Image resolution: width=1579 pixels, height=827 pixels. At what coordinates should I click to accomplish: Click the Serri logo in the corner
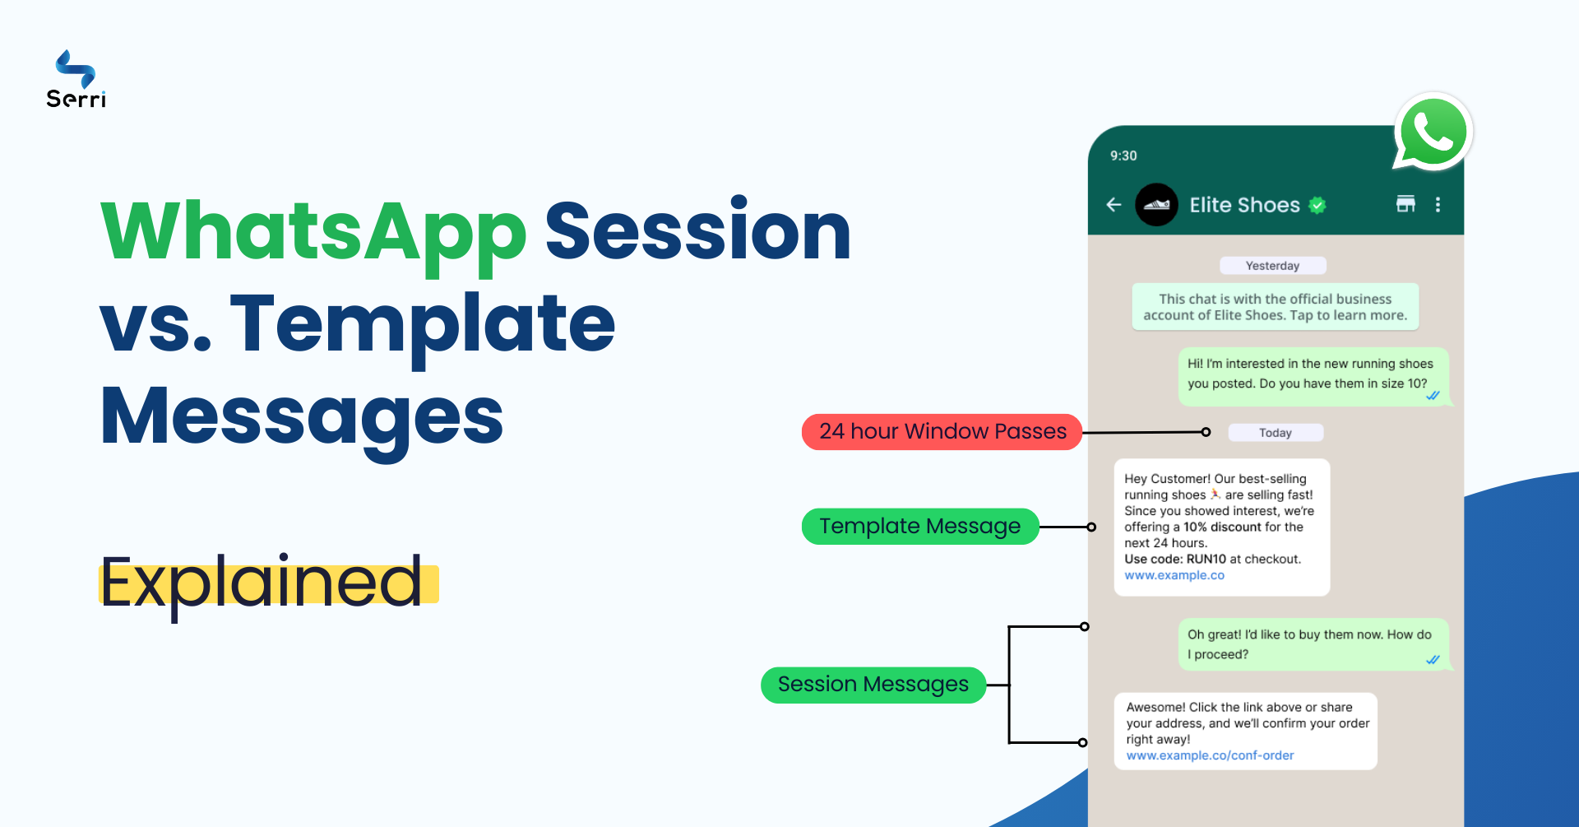pyautogui.click(x=76, y=80)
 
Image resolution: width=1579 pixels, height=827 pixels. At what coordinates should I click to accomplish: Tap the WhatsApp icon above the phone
pyautogui.click(x=1433, y=132)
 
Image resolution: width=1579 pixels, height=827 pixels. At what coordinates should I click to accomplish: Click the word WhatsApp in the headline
pyautogui.click(x=313, y=233)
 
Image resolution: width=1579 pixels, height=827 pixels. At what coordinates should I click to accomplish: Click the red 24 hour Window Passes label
pyautogui.click(x=942, y=432)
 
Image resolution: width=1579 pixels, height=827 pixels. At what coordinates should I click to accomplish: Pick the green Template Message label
pyautogui.click(x=919, y=527)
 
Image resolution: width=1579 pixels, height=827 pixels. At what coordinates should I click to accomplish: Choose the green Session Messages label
pyautogui.click(x=873, y=685)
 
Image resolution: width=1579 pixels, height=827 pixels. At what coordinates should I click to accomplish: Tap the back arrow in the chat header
pyautogui.click(x=1114, y=205)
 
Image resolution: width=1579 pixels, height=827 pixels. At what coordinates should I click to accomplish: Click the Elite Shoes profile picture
pyautogui.click(x=1156, y=205)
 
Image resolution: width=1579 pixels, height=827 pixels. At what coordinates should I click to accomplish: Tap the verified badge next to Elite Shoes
pyautogui.click(x=1317, y=206)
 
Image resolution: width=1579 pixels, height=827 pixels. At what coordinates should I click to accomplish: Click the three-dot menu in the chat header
pyautogui.click(x=1438, y=205)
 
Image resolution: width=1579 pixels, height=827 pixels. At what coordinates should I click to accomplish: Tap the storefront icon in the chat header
pyautogui.click(x=1405, y=204)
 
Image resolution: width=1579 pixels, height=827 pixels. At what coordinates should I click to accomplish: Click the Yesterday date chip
pyautogui.click(x=1272, y=266)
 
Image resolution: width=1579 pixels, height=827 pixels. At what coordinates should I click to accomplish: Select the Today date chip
pyautogui.click(x=1275, y=433)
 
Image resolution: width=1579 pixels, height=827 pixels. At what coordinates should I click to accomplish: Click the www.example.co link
pyautogui.click(x=1174, y=575)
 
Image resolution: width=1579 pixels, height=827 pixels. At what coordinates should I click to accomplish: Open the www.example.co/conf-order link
pyautogui.click(x=1210, y=755)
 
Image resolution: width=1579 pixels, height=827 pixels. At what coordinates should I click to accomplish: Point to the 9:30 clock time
pyautogui.click(x=1123, y=156)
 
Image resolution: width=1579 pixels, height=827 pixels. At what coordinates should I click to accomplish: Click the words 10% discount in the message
pyautogui.click(x=1222, y=527)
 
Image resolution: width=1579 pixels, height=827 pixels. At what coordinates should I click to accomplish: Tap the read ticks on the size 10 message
pyautogui.click(x=1433, y=396)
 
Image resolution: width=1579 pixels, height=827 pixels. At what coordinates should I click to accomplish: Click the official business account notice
pyautogui.click(x=1275, y=307)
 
